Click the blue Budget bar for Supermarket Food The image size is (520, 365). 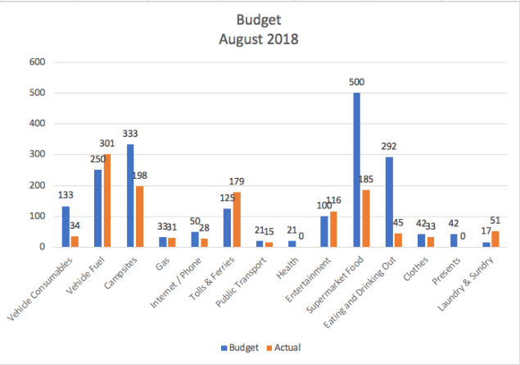tap(357, 170)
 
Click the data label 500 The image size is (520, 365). tap(358, 84)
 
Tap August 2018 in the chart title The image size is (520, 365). tap(259, 39)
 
